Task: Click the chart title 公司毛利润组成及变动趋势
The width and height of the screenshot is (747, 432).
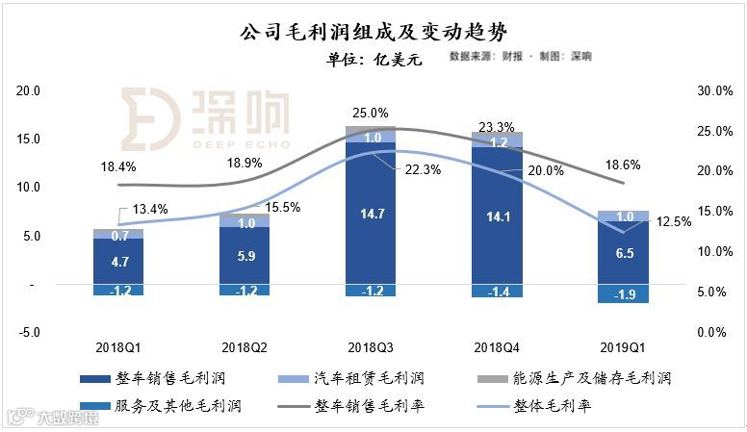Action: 373,33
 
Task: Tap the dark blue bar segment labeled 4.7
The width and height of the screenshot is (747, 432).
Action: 118,261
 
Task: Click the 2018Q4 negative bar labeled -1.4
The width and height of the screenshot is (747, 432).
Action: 497,291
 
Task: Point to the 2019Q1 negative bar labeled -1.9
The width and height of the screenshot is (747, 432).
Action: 623,293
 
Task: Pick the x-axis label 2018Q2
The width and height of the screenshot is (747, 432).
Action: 245,345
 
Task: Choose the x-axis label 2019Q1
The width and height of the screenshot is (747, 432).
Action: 623,345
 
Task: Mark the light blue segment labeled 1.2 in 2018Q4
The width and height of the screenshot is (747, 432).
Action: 497,141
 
